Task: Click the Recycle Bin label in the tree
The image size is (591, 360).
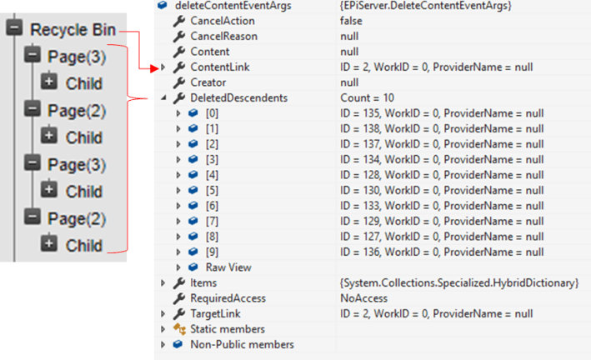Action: coord(73,30)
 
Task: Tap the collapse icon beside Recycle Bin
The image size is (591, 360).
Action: coord(13,29)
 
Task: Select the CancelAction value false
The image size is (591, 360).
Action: coord(356,22)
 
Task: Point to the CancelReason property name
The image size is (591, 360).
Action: coord(223,37)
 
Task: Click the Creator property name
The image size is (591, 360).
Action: coord(208,82)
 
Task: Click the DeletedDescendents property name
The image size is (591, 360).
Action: coord(239,97)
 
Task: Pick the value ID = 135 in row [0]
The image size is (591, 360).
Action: coord(442,112)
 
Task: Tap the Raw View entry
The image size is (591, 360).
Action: coord(228,267)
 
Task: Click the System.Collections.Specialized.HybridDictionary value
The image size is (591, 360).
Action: coord(459,283)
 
